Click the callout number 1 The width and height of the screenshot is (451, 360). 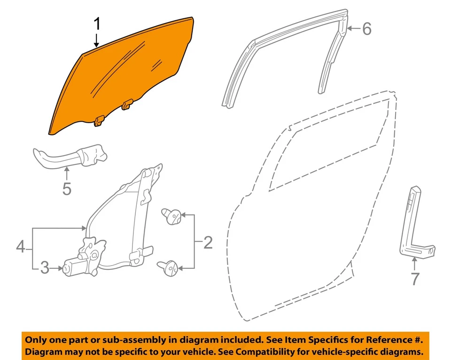(x=97, y=23)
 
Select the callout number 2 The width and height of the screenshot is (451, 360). (x=207, y=243)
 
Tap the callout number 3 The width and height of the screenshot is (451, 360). (x=44, y=268)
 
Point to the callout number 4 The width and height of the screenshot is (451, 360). (x=20, y=247)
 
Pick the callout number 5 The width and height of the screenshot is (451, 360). (x=67, y=189)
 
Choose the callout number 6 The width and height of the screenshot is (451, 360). (x=366, y=29)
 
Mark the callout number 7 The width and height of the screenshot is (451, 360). (x=414, y=279)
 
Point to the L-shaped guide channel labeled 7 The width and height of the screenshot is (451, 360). (x=413, y=226)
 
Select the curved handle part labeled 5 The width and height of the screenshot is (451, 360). (x=70, y=156)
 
